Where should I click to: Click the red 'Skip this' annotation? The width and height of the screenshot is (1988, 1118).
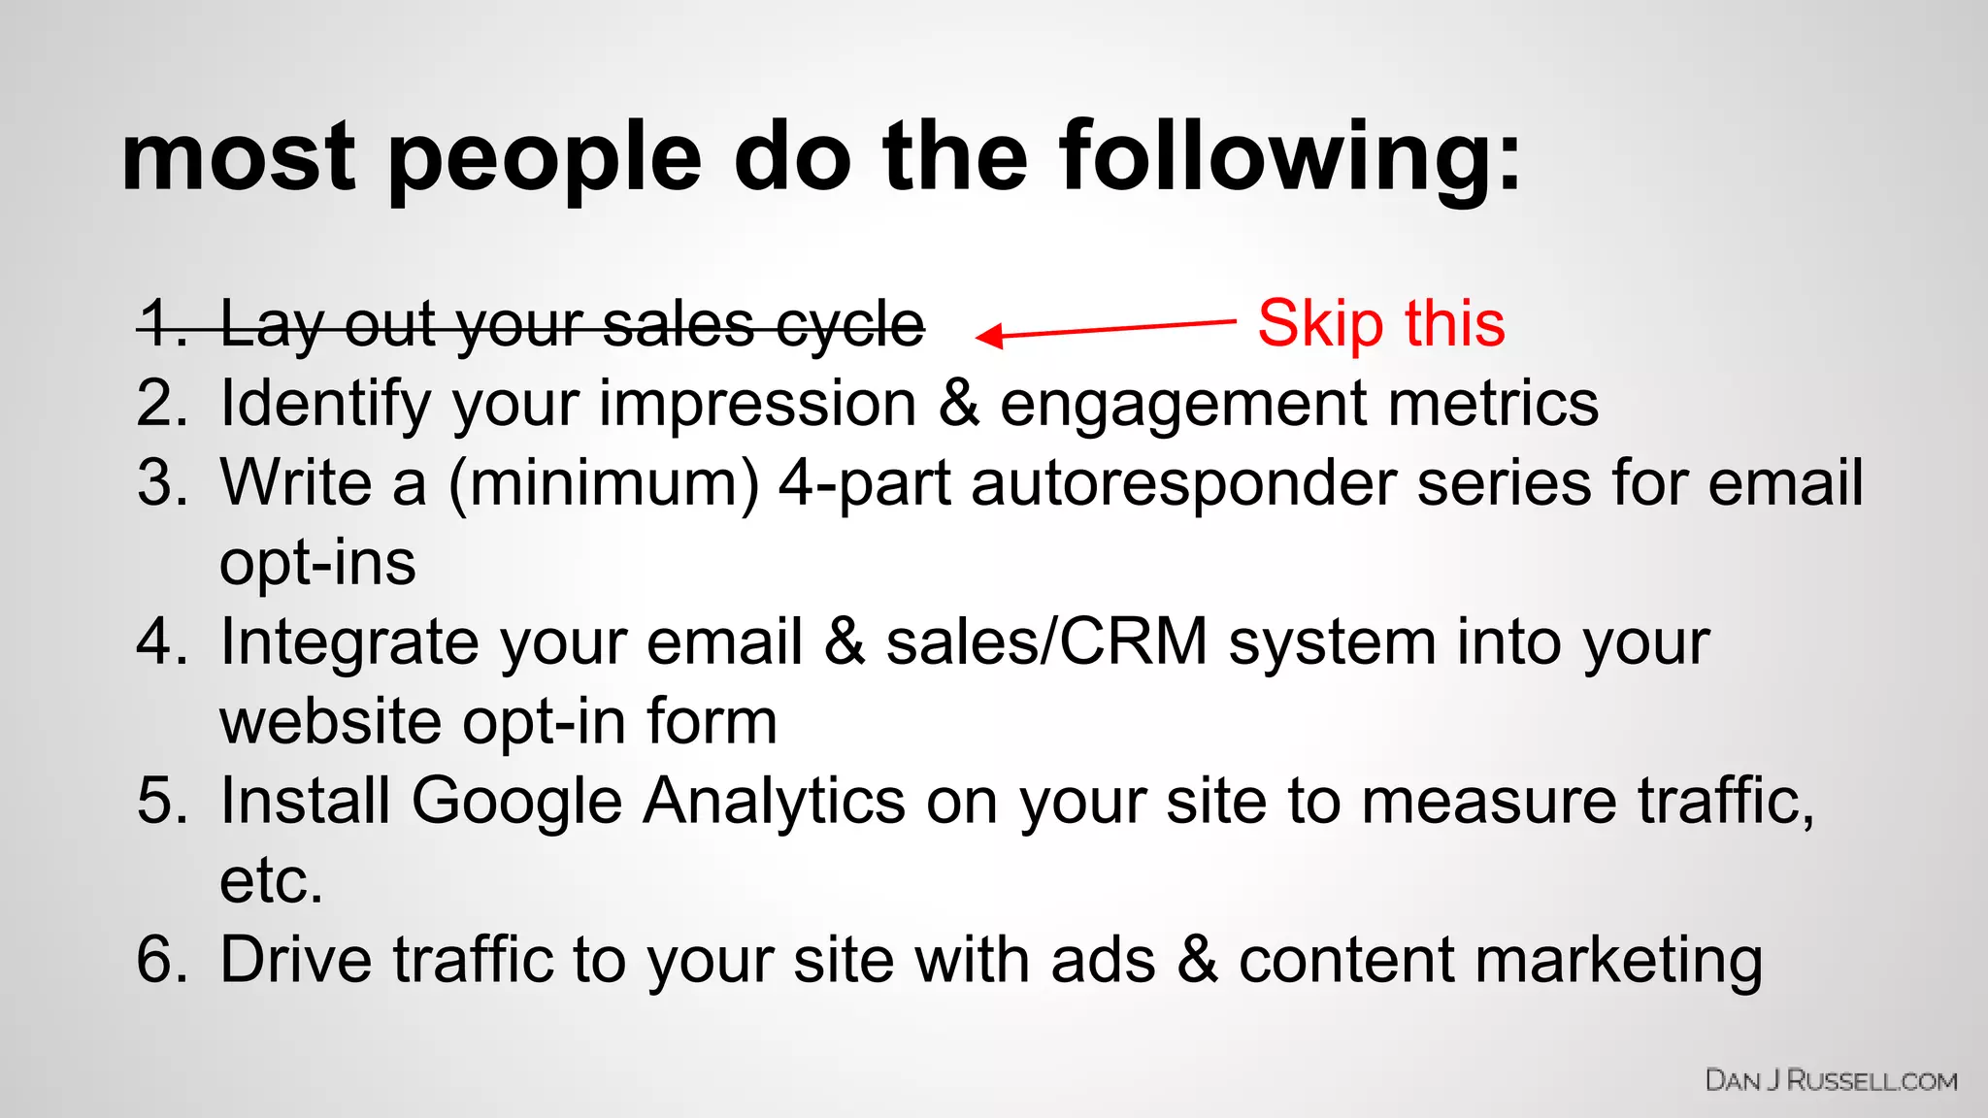pos(1380,323)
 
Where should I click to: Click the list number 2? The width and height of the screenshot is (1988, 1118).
pos(161,404)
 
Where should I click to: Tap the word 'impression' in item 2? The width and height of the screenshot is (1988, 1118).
pos(757,404)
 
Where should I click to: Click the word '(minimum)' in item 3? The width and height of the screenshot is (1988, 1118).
pos(603,483)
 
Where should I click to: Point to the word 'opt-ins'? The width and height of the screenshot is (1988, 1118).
pos(317,563)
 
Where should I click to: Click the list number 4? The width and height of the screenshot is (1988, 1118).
pos(161,642)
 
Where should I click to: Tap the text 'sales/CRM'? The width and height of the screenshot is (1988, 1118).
pos(1046,642)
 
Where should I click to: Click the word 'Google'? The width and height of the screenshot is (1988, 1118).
pos(516,802)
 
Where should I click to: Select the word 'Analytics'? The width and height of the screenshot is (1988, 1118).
pos(775,802)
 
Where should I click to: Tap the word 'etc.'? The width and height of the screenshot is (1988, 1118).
pos(271,881)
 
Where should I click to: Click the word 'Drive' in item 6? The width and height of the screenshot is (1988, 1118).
pos(296,961)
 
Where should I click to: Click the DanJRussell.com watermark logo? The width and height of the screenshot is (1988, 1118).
pos(1831,1081)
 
